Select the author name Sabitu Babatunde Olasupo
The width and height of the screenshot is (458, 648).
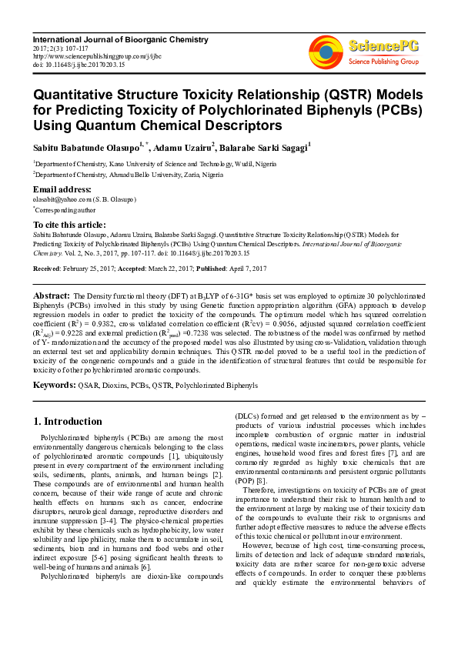(x=85, y=145)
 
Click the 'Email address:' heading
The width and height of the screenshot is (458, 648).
(x=62, y=189)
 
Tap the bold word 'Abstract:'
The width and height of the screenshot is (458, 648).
(x=52, y=296)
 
